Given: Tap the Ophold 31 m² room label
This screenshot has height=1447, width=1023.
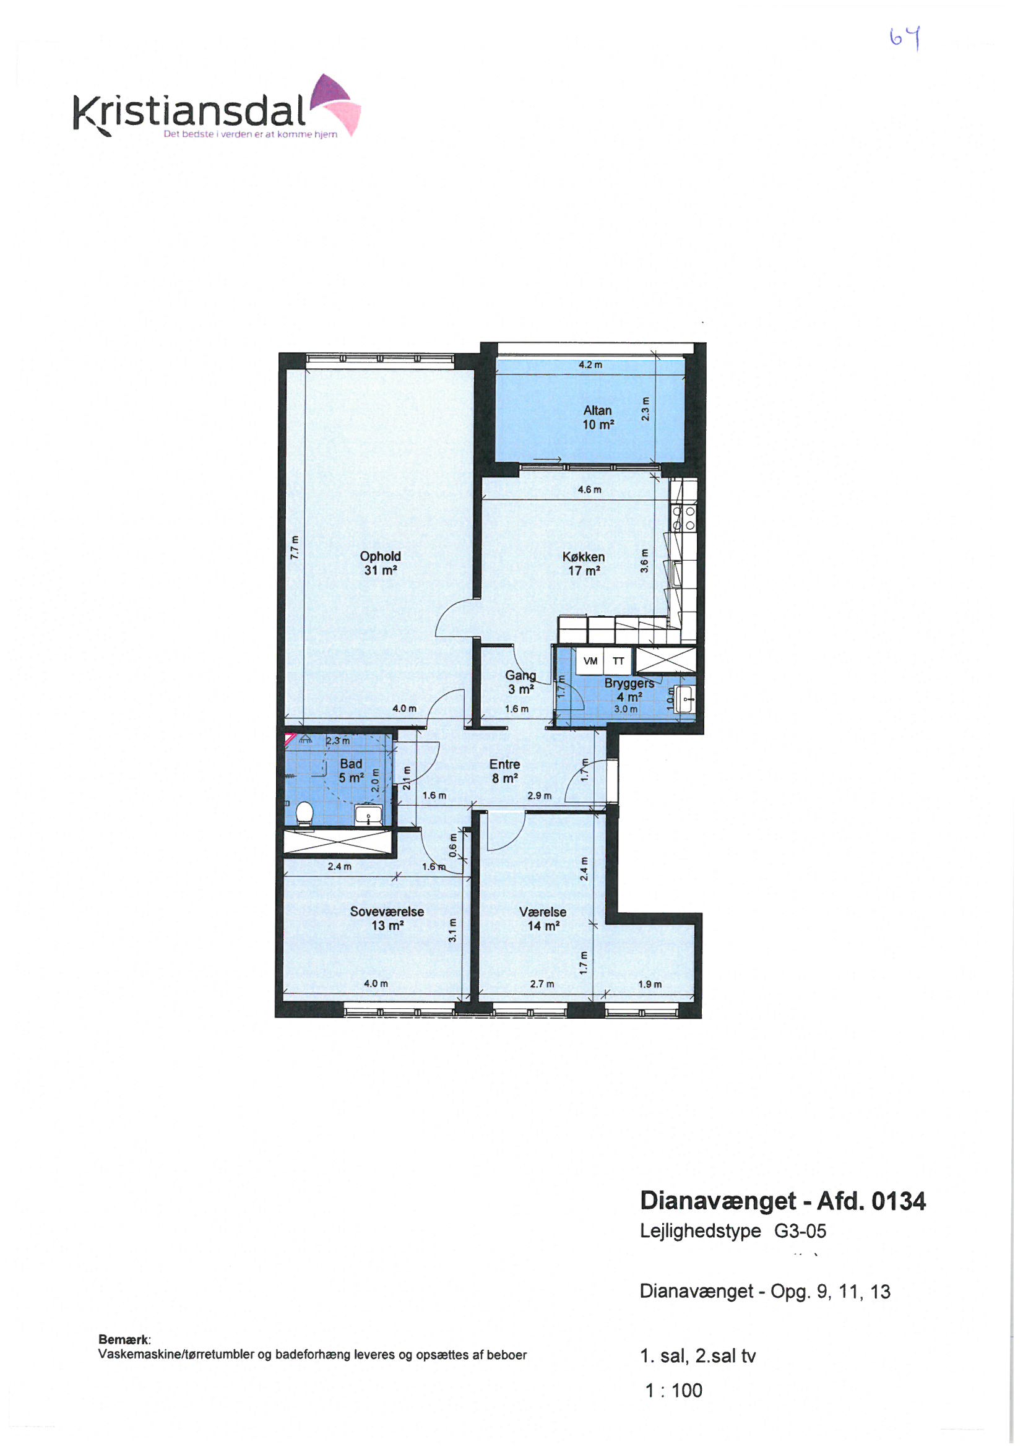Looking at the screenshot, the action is tap(380, 563).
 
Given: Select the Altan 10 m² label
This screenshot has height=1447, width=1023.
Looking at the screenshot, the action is tap(598, 417).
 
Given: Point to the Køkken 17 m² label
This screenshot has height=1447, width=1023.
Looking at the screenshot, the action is tap(584, 563).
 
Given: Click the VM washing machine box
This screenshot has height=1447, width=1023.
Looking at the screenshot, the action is tap(590, 661).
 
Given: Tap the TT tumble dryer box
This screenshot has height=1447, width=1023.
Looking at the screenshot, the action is tap(618, 661).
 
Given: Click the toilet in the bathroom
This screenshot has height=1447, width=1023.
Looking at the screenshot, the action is tap(304, 814).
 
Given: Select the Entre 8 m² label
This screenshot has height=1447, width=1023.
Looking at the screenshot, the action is tap(505, 771).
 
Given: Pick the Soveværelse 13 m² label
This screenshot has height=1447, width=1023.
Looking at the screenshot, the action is tap(387, 918).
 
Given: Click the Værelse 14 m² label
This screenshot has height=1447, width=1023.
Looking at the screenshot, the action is tap(543, 919).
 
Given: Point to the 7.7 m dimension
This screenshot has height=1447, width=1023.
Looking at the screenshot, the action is tap(295, 547).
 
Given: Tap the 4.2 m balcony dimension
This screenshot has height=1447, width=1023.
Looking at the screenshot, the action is tap(590, 365).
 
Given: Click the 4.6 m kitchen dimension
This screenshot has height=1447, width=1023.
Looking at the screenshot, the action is tap(589, 489).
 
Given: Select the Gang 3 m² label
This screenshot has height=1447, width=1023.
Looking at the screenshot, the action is tap(520, 682).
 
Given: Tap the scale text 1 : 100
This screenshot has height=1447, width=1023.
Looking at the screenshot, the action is tap(673, 1390).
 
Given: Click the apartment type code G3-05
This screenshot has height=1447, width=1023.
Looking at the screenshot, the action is tap(800, 1231).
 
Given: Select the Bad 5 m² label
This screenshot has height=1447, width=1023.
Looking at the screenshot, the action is tap(351, 771).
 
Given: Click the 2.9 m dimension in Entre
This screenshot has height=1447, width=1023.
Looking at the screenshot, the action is tap(539, 795).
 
